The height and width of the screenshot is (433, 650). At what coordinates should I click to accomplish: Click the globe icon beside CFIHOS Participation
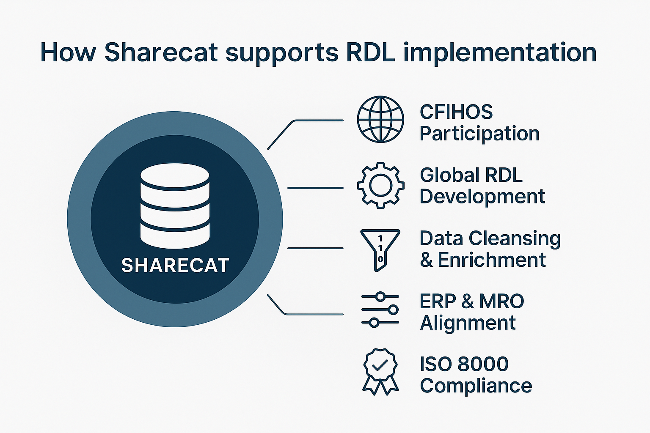(x=380, y=119)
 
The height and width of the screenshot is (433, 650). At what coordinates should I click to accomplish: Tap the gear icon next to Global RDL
(x=380, y=185)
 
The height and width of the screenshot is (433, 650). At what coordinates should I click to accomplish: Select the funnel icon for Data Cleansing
(x=380, y=250)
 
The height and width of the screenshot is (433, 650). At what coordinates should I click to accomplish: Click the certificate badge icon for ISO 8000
(x=380, y=372)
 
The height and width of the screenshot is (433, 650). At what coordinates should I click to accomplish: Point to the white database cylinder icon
(x=175, y=206)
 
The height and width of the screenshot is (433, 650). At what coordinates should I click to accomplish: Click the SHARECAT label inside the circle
(x=175, y=266)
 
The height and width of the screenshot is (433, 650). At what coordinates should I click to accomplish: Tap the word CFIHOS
(x=456, y=112)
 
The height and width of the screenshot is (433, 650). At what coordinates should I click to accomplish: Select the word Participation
(x=479, y=134)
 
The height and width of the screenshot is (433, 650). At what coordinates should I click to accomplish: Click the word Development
(x=482, y=197)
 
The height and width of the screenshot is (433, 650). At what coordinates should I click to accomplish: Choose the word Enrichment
(x=492, y=260)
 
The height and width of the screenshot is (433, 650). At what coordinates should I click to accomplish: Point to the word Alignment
(x=468, y=323)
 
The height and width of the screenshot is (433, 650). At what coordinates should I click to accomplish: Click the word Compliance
(x=476, y=386)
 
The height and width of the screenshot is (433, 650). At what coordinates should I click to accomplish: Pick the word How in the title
(x=68, y=52)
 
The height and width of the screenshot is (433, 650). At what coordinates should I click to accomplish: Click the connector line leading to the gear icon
(x=315, y=188)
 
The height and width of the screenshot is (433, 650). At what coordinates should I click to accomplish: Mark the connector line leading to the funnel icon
(x=315, y=248)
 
